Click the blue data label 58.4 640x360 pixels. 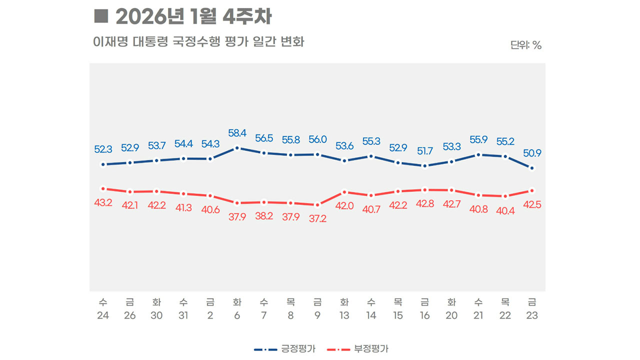237,133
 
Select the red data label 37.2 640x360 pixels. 317,218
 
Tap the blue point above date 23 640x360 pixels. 532,168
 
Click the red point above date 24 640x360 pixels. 103,188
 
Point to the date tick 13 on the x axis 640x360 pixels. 344,316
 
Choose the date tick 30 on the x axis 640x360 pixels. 156,316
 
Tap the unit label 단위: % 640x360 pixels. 526,45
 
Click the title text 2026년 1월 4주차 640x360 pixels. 193,16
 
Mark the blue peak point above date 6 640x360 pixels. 237,148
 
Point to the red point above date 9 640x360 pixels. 317,204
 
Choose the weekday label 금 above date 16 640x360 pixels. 425,302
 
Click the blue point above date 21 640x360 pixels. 478,154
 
